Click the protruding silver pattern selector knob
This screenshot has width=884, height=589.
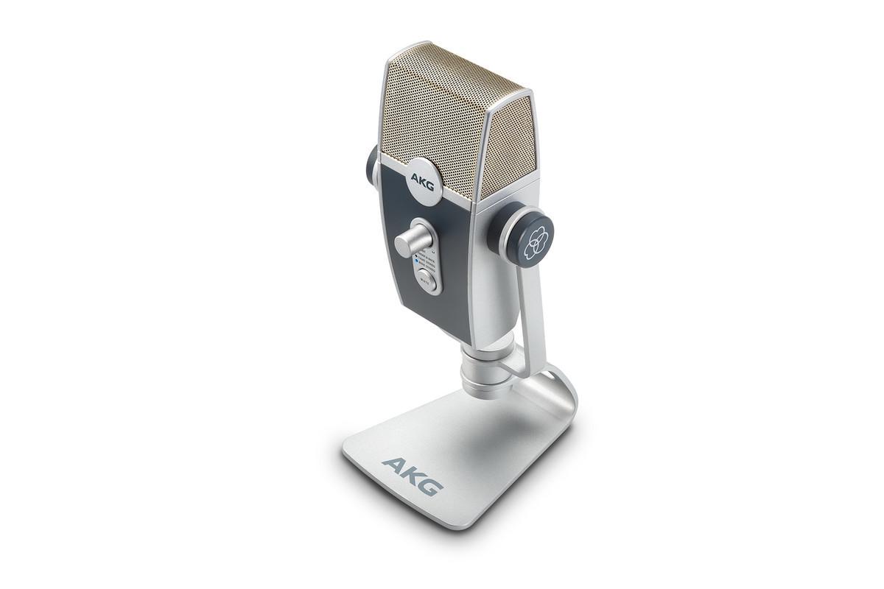(410, 241)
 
